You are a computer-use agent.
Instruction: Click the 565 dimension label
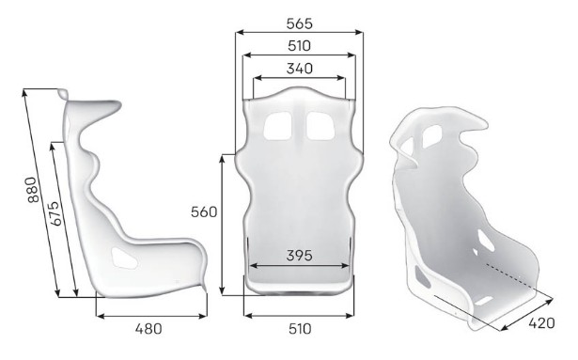299,23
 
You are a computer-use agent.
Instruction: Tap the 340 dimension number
299,69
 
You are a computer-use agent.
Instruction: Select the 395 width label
299,256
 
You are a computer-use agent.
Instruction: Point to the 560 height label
204,212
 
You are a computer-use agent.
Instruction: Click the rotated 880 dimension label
33,190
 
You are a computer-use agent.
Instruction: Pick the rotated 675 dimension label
54,213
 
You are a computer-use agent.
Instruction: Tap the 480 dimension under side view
148,329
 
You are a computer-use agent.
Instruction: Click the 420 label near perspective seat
541,323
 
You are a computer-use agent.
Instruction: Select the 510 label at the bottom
299,329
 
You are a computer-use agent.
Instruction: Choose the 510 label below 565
299,46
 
